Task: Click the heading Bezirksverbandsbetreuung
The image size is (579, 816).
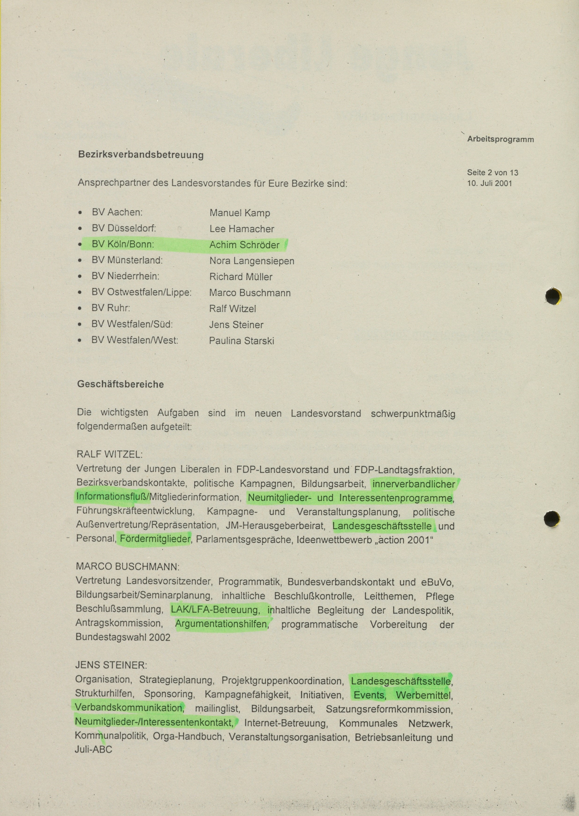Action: click(141, 155)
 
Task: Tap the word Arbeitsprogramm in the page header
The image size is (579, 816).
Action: click(500, 139)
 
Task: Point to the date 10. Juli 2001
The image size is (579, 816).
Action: click(489, 183)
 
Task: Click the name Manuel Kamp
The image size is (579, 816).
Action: click(240, 213)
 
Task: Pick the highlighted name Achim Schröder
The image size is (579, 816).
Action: click(244, 245)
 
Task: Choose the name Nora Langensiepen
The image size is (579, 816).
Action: click(252, 261)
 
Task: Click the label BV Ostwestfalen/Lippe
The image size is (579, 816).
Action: click(142, 292)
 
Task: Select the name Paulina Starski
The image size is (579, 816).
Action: click(241, 341)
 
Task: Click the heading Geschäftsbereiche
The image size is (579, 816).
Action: click(121, 384)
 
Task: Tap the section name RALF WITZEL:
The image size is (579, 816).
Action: click(109, 454)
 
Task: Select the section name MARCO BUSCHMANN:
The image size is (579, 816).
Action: click(128, 567)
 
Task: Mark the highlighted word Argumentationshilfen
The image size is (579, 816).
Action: click(221, 624)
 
